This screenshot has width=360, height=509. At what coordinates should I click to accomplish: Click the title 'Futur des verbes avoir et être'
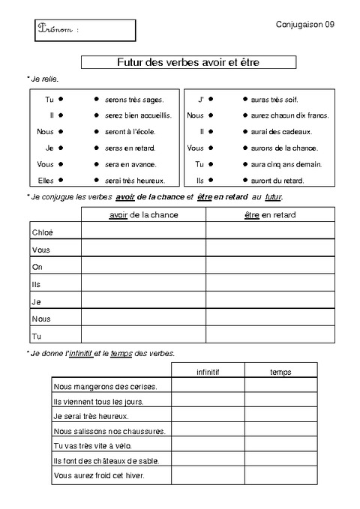click(188, 62)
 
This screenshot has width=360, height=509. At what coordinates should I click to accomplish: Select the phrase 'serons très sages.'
click(135, 99)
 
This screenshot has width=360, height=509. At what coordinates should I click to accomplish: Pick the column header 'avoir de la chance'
click(143, 215)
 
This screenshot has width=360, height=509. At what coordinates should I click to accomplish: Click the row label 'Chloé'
click(43, 232)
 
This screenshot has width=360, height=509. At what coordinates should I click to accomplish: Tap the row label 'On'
click(37, 266)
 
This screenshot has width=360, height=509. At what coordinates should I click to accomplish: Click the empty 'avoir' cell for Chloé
click(143, 232)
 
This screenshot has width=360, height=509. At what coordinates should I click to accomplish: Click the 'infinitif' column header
click(208, 372)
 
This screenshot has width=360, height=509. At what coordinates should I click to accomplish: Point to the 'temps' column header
click(280, 372)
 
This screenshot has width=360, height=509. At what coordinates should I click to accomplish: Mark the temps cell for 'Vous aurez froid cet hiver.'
click(280, 476)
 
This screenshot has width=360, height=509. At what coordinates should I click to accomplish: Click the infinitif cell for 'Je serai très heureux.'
click(208, 416)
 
